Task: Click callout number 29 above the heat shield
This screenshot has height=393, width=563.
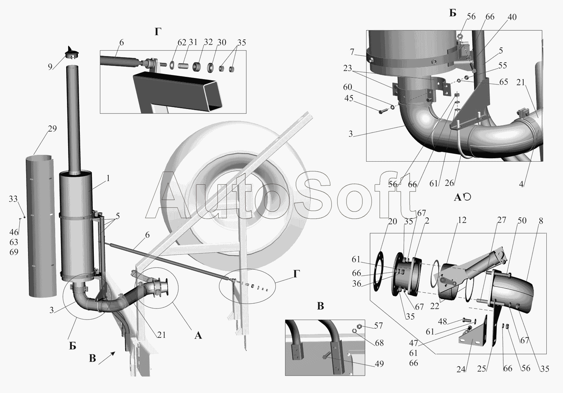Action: [x=52, y=128]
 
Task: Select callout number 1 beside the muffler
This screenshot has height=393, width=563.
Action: [x=108, y=178]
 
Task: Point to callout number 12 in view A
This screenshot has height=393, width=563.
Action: [x=462, y=220]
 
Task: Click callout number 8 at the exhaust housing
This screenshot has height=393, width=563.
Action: [x=541, y=221]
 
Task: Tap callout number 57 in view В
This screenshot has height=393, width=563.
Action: [x=378, y=326]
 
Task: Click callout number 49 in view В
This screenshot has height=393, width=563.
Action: [x=379, y=364]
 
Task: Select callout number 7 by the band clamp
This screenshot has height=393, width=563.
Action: [x=352, y=52]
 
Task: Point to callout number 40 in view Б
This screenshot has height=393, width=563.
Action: [x=512, y=17]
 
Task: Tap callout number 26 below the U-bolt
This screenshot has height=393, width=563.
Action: [x=449, y=183]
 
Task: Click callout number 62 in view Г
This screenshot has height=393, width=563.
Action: [x=182, y=42]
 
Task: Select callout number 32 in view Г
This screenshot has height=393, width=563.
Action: [x=208, y=42]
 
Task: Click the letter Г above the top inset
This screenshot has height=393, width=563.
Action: [x=158, y=32]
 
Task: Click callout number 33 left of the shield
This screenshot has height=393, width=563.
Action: [x=13, y=199]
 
